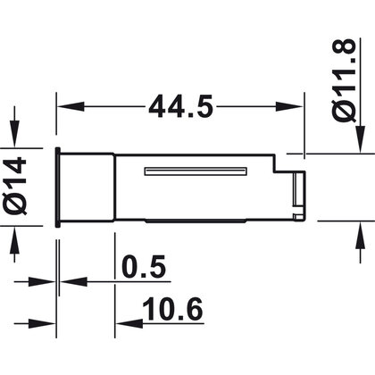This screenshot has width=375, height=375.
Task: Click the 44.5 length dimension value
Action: point(181,106)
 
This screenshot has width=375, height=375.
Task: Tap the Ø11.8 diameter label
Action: point(344,80)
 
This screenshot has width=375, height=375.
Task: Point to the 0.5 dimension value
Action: point(144,266)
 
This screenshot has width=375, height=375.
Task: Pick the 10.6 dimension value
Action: point(172,309)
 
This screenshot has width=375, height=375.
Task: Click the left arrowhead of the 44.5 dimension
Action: point(71,106)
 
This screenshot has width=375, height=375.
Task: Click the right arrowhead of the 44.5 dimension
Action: point(289,106)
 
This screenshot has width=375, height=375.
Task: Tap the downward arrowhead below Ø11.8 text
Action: point(361,139)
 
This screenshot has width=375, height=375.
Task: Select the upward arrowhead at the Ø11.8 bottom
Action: point(361,235)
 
